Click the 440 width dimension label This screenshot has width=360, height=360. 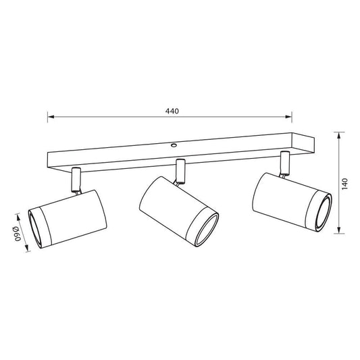(172, 111)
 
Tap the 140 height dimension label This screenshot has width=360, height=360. (345, 184)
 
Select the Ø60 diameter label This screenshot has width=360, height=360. (17, 234)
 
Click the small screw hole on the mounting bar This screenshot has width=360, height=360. (174, 145)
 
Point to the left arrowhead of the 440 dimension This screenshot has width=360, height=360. (51, 117)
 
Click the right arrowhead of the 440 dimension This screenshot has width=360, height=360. (288, 117)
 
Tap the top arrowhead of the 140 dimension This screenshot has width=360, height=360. (338, 136)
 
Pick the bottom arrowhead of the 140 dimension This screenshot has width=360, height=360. (338, 230)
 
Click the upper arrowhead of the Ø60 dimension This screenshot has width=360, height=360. (19, 217)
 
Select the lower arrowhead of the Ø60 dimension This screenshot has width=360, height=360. (27, 248)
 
